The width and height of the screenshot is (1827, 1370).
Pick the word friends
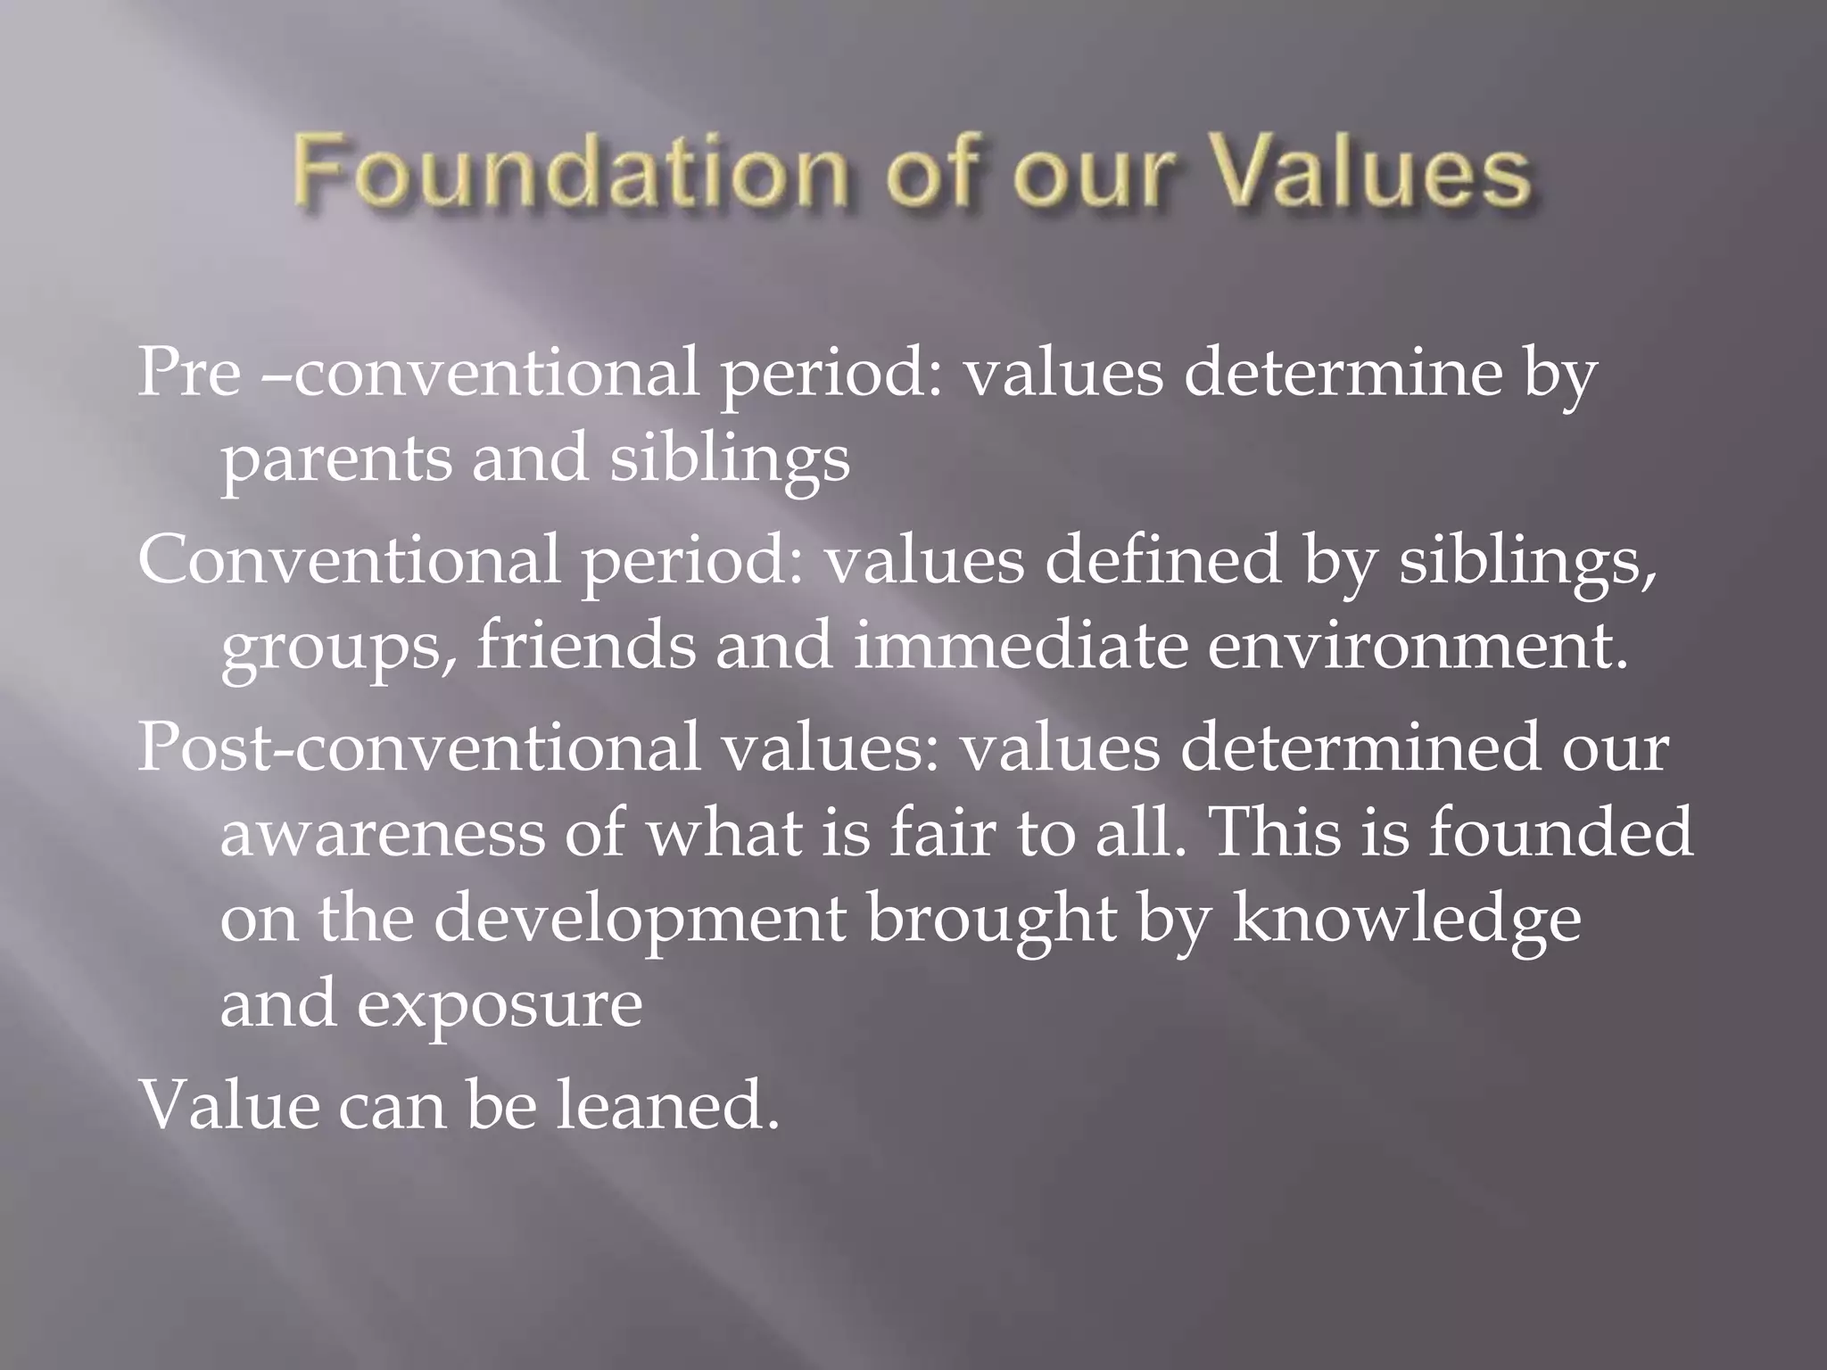click(x=585, y=646)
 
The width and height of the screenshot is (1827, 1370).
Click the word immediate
click(x=1020, y=646)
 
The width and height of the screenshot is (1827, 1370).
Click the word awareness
click(x=383, y=833)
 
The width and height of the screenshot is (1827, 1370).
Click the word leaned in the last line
click(x=667, y=1104)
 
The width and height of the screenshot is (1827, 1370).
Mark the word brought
click(x=991, y=920)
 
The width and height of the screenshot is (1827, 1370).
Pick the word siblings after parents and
click(x=729, y=460)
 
